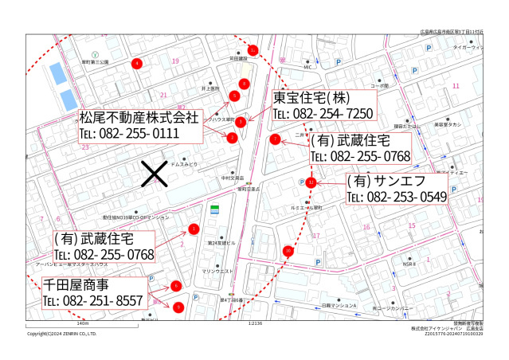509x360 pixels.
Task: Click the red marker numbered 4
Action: tap(137, 63)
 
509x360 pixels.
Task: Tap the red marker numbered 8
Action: tap(245, 84)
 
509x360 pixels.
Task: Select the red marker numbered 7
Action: tap(275, 139)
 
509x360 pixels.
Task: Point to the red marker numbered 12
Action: tap(311, 182)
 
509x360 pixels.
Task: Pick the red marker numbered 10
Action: tap(288, 251)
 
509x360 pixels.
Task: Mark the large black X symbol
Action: tap(153, 174)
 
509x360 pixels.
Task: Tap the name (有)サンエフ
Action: tap(391, 180)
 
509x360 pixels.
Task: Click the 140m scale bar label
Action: tap(81, 324)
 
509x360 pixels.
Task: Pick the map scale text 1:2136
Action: tap(255, 324)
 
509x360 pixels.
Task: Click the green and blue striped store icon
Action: tap(214, 211)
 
